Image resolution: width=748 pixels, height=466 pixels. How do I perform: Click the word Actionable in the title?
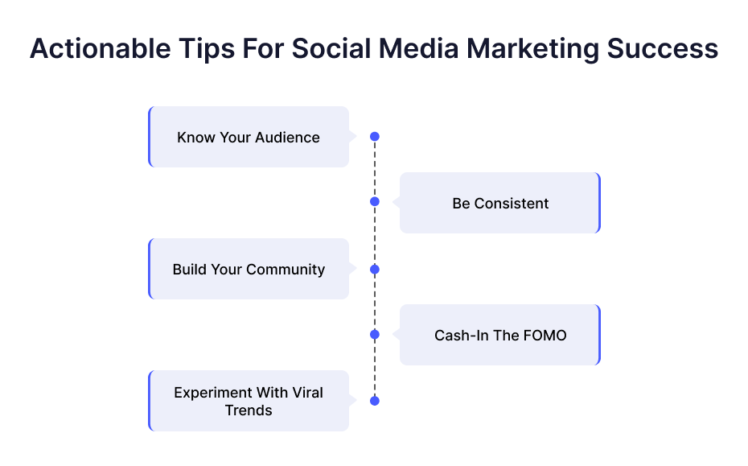pyautogui.click(x=101, y=49)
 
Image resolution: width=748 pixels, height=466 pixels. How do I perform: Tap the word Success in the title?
pyautogui.click(x=662, y=49)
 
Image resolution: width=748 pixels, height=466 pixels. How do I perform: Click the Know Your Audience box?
pyautogui.click(x=249, y=137)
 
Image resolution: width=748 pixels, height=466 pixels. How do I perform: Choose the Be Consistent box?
pyautogui.click(x=500, y=203)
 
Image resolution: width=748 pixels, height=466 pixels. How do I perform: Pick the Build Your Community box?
pyautogui.click(x=249, y=269)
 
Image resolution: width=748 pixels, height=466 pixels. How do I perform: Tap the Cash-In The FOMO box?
pyautogui.click(x=500, y=335)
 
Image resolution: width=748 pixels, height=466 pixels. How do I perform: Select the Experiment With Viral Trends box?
pyautogui.click(x=249, y=401)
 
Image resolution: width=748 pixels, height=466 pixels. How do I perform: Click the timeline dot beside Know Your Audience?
pyautogui.click(x=375, y=137)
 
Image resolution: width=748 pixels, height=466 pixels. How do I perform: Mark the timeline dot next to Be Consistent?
pyautogui.click(x=375, y=201)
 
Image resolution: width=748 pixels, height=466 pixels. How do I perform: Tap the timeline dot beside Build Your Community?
pyautogui.click(x=375, y=270)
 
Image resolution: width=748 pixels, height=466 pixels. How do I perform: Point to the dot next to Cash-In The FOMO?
pyautogui.click(x=375, y=335)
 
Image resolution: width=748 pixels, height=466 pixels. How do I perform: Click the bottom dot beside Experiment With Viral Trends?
pyautogui.click(x=375, y=401)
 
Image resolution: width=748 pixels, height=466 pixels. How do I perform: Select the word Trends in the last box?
pyautogui.click(x=249, y=410)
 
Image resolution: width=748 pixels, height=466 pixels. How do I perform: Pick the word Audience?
pyautogui.click(x=287, y=138)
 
